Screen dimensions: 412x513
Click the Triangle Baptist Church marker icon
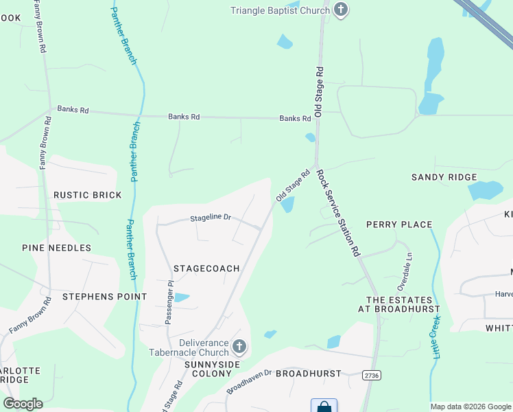(341, 10)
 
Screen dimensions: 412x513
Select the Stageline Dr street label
(211, 218)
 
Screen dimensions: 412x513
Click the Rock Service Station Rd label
(338, 214)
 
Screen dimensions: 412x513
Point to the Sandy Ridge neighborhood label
(444, 177)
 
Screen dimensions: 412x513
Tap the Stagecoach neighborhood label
(206, 268)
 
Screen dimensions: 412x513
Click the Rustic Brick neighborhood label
(88, 195)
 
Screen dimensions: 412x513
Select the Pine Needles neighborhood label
(56, 248)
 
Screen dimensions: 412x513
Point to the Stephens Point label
(104, 297)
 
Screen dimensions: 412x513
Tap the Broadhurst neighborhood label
(313, 374)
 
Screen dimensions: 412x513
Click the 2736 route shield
(371, 375)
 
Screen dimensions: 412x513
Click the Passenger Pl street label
(168, 302)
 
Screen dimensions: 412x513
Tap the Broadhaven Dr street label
(249, 381)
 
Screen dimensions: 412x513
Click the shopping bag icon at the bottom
(324, 407)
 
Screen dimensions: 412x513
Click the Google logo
(23, 404)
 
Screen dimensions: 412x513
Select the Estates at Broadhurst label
(399, 304)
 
